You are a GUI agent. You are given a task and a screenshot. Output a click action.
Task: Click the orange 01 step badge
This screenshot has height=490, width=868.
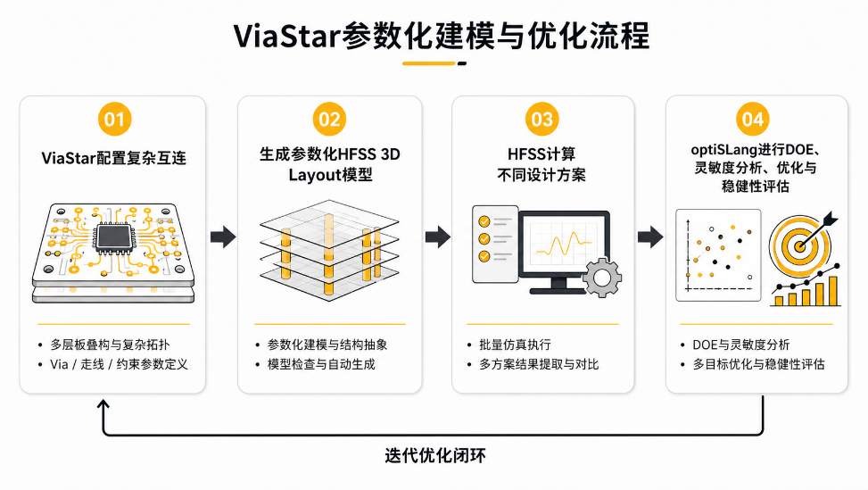click(x=114, y=119)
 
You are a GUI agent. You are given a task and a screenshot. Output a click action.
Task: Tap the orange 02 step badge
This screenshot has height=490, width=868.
click(x=329, y=119)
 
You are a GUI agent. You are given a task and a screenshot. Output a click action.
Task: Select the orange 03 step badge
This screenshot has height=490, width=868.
click(x=542, y=119)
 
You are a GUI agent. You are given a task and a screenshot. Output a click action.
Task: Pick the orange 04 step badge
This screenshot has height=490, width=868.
click(x=753, y=119)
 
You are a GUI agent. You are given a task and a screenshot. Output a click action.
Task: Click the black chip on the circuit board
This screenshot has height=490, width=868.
click(x=114, y=237)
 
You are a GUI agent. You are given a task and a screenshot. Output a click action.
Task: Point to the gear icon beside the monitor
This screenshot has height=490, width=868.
click(x=602, y=277)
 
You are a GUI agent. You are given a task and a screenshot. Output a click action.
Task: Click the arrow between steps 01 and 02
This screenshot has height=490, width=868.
click(x=223, y=237)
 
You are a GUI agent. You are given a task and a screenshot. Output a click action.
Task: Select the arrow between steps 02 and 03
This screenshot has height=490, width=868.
click(x=438, y=237)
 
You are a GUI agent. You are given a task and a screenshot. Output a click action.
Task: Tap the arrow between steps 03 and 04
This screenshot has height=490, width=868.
click(x=650, y=237)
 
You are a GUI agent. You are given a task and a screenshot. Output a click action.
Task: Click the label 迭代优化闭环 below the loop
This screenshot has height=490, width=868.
click(x=435, y=456)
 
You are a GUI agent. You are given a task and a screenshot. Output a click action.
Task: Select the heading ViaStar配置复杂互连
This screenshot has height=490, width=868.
click(x=114, y=158)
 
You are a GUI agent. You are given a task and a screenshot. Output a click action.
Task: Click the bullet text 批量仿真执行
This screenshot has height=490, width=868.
click(x=515, y=345)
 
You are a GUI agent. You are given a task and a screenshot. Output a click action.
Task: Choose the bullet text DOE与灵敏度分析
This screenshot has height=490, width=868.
click(x=741, y=345)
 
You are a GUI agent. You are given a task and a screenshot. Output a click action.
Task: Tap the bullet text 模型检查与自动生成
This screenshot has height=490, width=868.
click(x=321, y=364)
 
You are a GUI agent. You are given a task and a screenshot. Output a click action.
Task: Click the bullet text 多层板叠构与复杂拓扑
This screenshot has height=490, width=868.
click(x=110, y=345)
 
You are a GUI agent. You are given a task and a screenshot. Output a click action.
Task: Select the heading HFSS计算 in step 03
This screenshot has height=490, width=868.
click(x=541, y=154)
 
